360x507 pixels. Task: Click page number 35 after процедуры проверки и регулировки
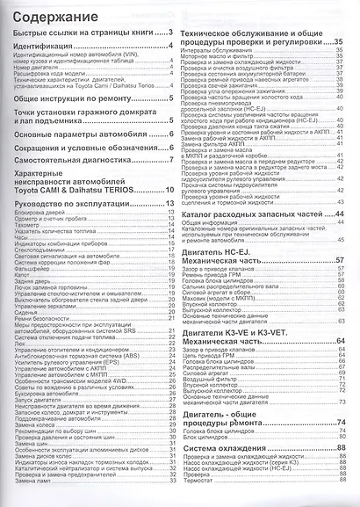(x=338, y=40)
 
